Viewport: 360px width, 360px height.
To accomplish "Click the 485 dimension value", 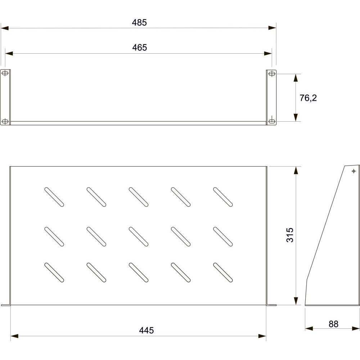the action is pyautogui.click(x=139, y=22).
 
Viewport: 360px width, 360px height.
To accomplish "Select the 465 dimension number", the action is pyautogui.click(x=139, y=48).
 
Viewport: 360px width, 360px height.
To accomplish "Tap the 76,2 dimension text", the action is pyautogui.click(x=308, y=98).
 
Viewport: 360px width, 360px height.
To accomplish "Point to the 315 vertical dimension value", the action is pyautogui.click(x=290, y=235).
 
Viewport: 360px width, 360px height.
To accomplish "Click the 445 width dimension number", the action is pyautogui.click(x=146, y=330).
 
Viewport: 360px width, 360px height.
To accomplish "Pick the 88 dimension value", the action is pyautogui.click(x=333, y=324).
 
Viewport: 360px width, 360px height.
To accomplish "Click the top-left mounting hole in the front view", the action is pyautogui.click(x=5, y=73).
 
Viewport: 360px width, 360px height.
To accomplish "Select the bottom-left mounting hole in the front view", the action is pyautogui.click(x=5, y=121).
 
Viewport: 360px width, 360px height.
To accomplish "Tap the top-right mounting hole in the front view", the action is pyautogui.click(x=272, y=74).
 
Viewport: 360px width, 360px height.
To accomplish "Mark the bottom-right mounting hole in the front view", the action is pyautogui.click(x=272, y=121).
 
